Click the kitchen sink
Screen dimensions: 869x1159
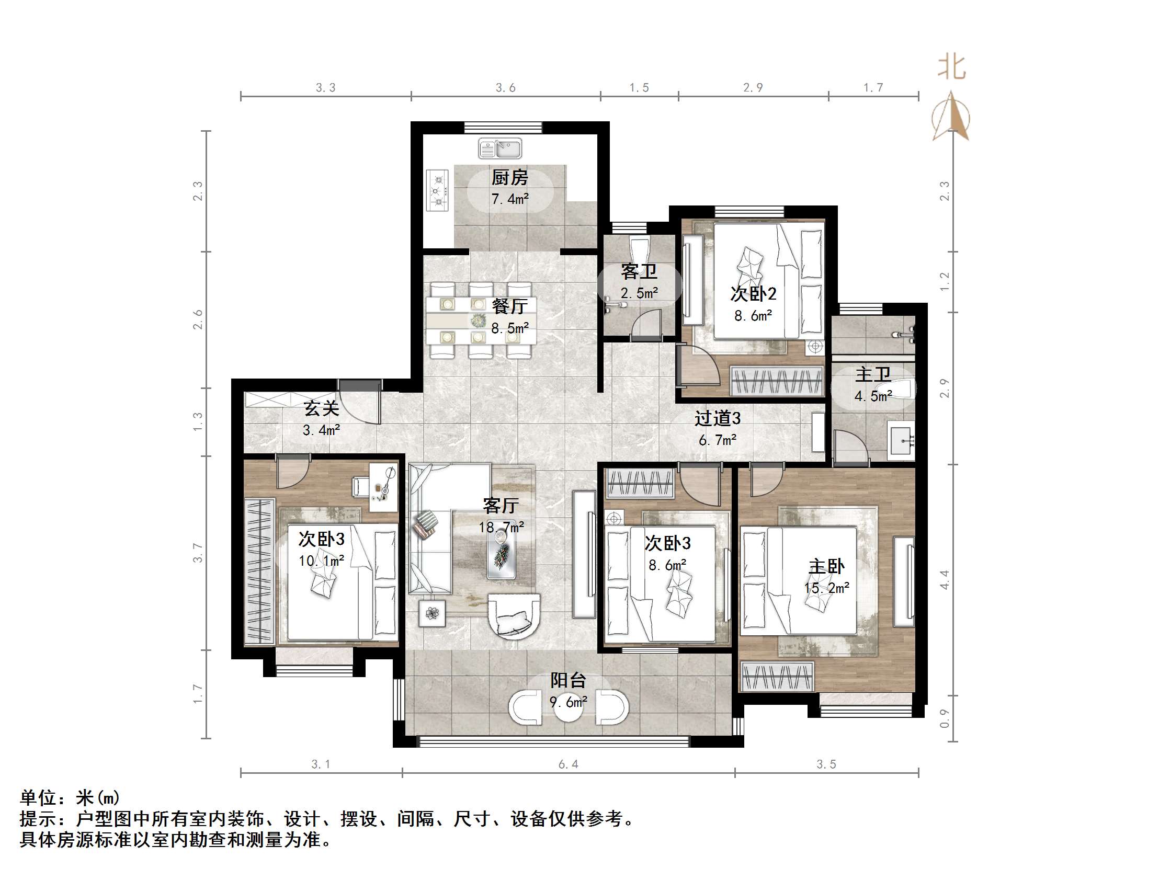point(499,148)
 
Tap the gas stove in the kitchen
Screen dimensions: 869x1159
point(438,191)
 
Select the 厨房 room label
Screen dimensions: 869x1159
point(509,178)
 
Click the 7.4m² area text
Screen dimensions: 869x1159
point(509,199)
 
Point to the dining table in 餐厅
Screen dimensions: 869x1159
point(481,320)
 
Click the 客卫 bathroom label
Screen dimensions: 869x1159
point(639,272)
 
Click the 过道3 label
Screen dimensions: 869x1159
point(717,418)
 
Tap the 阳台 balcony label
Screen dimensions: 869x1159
point(568,680)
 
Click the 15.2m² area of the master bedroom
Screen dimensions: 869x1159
point(826,588)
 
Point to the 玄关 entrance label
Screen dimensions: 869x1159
point(321,408)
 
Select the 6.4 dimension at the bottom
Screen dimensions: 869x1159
point(568,764)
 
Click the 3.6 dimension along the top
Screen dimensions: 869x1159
point(506,88)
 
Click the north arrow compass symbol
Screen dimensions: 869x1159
point(950,117)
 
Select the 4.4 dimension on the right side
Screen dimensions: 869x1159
point(944,579)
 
